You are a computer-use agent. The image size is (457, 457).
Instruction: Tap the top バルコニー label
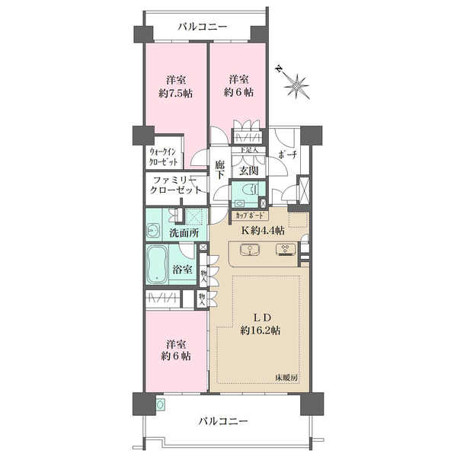(x=202, y=27)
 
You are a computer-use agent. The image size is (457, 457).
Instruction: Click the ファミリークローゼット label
(x=175, y=185)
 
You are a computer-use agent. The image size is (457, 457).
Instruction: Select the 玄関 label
(x=248, y=171)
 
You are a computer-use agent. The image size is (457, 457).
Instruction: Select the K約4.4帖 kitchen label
(x=264, y=231)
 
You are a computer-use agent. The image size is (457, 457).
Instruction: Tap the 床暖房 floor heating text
(x=288, y=378)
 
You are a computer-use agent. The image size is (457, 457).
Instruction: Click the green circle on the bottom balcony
(x=160, y=404)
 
